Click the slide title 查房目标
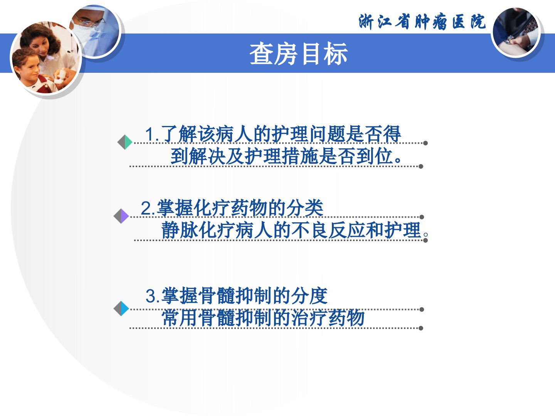tap(299, 54)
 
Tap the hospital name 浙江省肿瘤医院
tap(422, 22)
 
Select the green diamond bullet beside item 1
tap(125, 142)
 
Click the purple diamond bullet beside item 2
tap(121, 216)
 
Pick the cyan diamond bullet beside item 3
tap(121, 309)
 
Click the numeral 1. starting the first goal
tap(152, 134)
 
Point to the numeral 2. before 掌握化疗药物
tap(148, 208)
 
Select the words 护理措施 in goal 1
tap(281, 156)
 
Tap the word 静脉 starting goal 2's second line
tap(180, 230)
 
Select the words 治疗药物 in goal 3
tap(328, 317)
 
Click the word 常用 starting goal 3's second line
tap(180, 317)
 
